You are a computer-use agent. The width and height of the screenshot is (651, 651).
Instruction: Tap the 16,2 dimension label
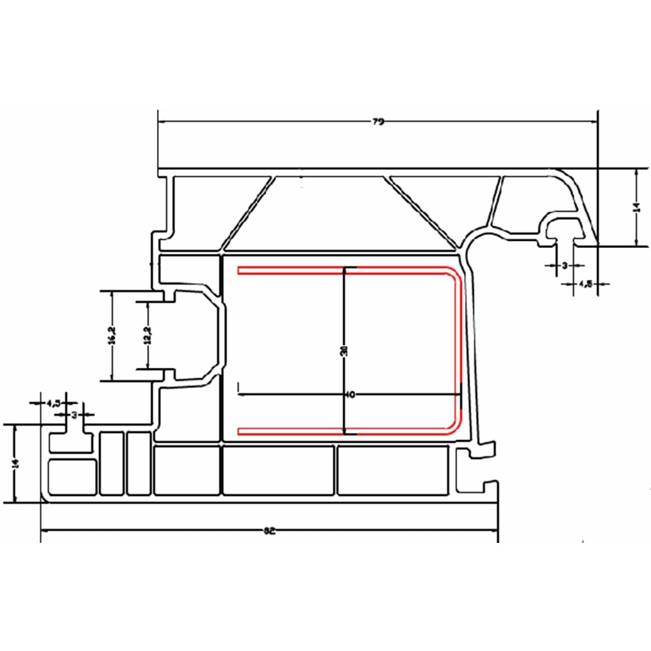pos(112,336)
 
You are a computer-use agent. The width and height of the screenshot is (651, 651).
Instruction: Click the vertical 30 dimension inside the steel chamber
pos(344,351)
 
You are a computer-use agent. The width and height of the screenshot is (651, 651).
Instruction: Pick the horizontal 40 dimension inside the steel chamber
pos(351,395)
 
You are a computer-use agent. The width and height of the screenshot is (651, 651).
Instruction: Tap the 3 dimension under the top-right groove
pos(564,265)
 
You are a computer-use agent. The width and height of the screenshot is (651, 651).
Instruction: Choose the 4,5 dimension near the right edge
pos(584,284)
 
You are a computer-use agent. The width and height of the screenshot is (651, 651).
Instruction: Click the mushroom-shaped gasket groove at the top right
pos(564,231)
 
